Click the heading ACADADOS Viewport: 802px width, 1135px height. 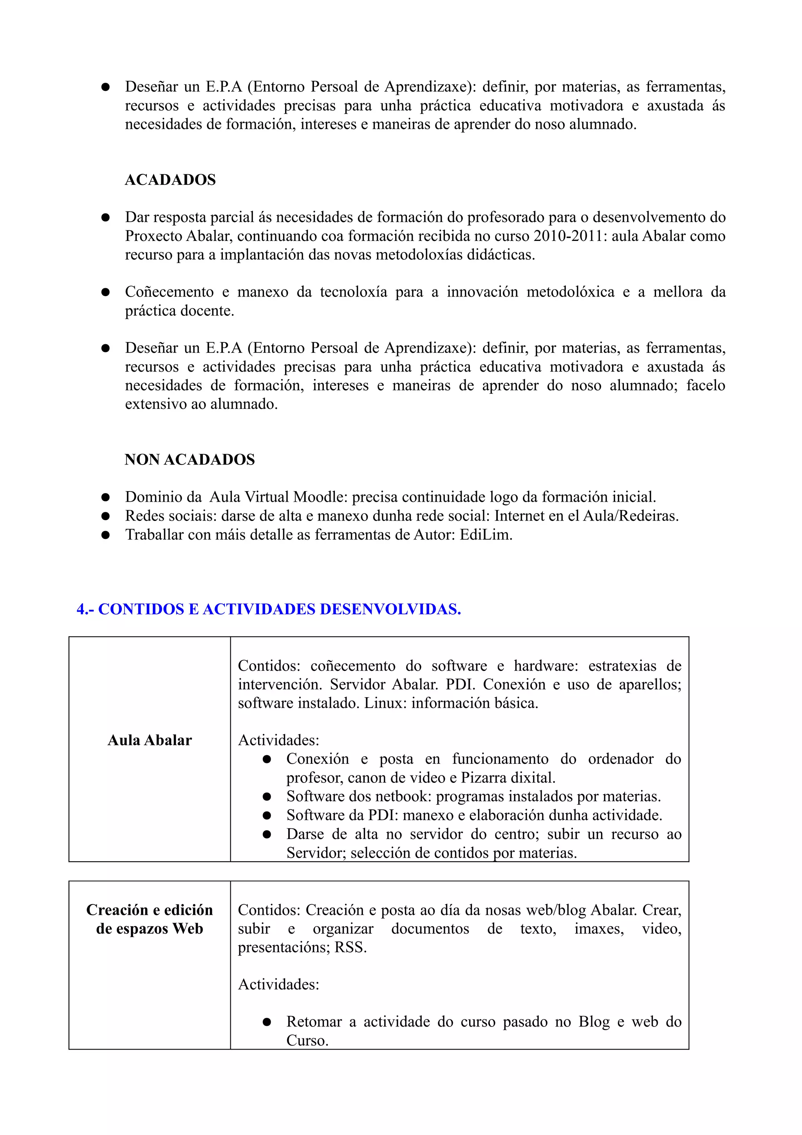tap(170, 179)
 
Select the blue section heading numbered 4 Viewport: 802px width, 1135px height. tap(268, 609)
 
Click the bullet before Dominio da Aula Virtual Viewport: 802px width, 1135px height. tap(105, 497)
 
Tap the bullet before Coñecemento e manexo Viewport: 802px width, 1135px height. tap(105, 292)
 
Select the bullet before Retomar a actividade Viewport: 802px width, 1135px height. tap(267, 1022)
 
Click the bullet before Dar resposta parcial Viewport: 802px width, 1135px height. tap(105, 217)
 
